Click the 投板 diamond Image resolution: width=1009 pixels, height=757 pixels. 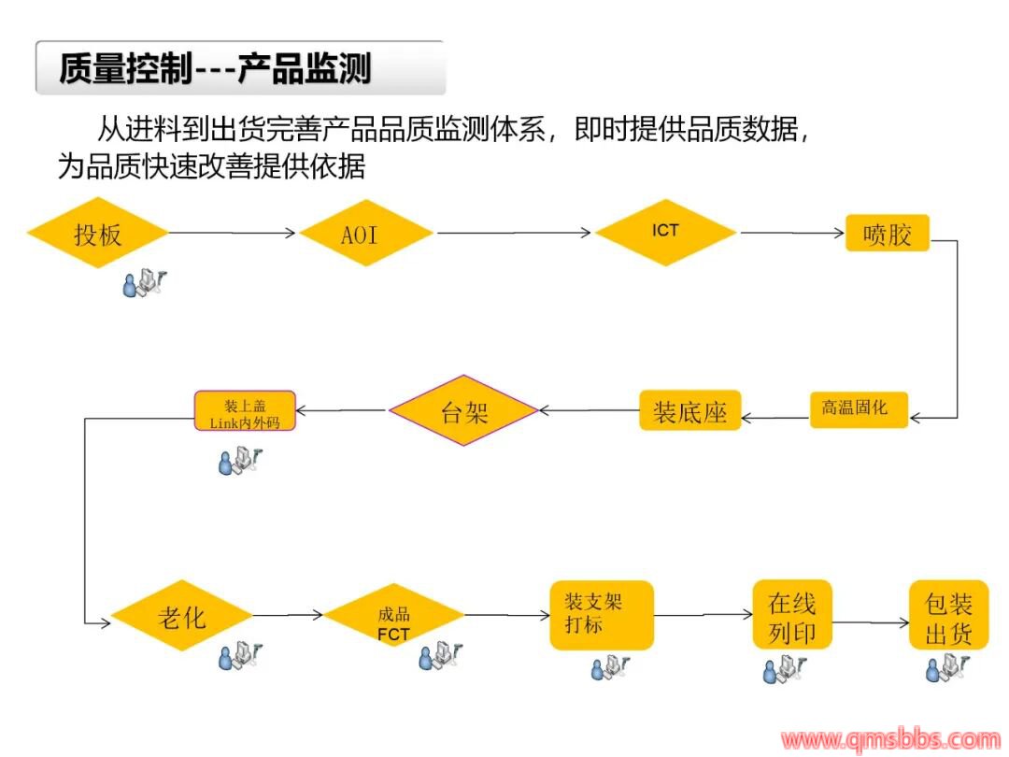[x=98, y=233]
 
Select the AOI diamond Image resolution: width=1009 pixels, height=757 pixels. [x=365, y=233]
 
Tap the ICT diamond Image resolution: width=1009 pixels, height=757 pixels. [x=665, y=231]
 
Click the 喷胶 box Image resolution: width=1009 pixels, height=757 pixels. [x=888, y=233]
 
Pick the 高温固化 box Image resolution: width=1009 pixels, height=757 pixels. [x=858, y=408]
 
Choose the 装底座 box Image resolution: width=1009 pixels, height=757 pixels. [x=689, y=410]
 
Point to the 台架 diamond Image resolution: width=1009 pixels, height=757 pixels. [x=463, y=410]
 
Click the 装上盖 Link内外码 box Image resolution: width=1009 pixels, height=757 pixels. [x=245, y=410]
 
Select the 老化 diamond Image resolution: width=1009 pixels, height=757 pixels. [x=182, y=617]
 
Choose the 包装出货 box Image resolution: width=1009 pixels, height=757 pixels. [x=948, y=618]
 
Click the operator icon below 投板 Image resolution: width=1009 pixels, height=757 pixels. [x=141, y=281]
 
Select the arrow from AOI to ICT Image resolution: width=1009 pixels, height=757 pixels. [x=513, y=233]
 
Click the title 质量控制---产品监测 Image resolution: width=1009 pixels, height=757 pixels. [x=216, y=68]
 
